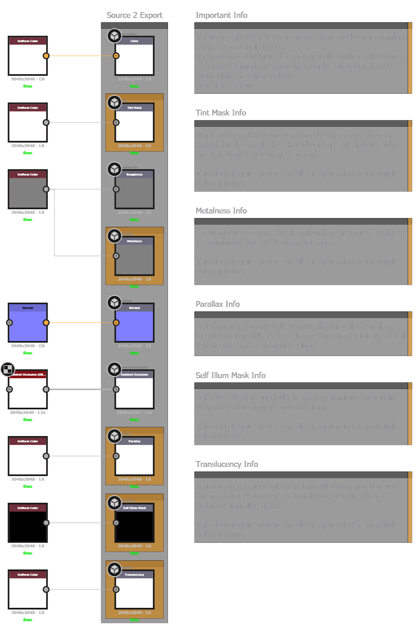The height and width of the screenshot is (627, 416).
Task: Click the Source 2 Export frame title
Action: tap(134, 15)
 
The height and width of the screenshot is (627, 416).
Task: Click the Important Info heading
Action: tap(221, 15)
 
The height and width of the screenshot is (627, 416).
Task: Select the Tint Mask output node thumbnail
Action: tap(134, 125)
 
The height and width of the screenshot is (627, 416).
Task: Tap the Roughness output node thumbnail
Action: tap(134, 192)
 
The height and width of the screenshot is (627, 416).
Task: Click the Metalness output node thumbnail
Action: tap(134, 258)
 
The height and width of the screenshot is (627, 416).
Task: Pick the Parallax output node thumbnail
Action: tap(134, 459)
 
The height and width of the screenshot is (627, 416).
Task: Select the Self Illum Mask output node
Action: tap(134, 525)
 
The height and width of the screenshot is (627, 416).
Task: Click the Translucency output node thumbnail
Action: tap(134, 592)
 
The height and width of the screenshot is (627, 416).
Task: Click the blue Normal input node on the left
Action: tap(28, 325)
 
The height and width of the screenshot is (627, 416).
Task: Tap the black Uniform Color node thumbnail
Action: tap(28, 525)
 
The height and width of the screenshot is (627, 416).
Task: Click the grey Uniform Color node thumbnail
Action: tap(28, 192)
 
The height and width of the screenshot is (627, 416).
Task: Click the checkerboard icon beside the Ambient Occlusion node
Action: tap(8, 369)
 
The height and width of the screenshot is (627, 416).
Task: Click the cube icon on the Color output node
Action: tap(114, 36)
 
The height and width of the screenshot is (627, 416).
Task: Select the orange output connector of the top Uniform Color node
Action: tap(46, 56)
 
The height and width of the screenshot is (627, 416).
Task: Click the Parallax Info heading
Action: tap(218, 304)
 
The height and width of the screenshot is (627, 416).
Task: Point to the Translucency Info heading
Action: tap(227, 464)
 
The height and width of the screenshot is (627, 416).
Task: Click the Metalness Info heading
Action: tap(221, 211)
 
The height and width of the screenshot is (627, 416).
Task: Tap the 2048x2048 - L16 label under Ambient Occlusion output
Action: tap(134, 413)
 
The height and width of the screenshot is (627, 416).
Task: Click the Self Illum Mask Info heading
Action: tap(231, 376)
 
